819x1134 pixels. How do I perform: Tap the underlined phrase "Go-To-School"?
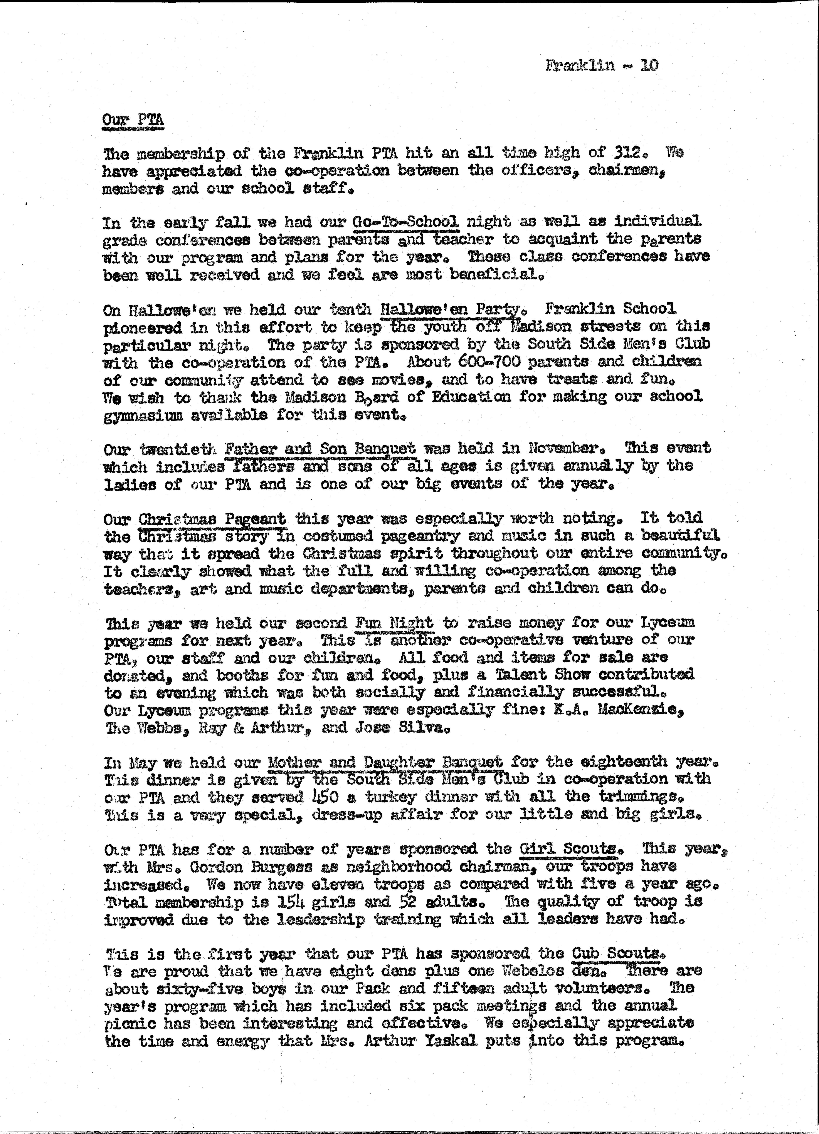coord(406,221)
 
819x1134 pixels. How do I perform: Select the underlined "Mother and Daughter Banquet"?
coord(385,763)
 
